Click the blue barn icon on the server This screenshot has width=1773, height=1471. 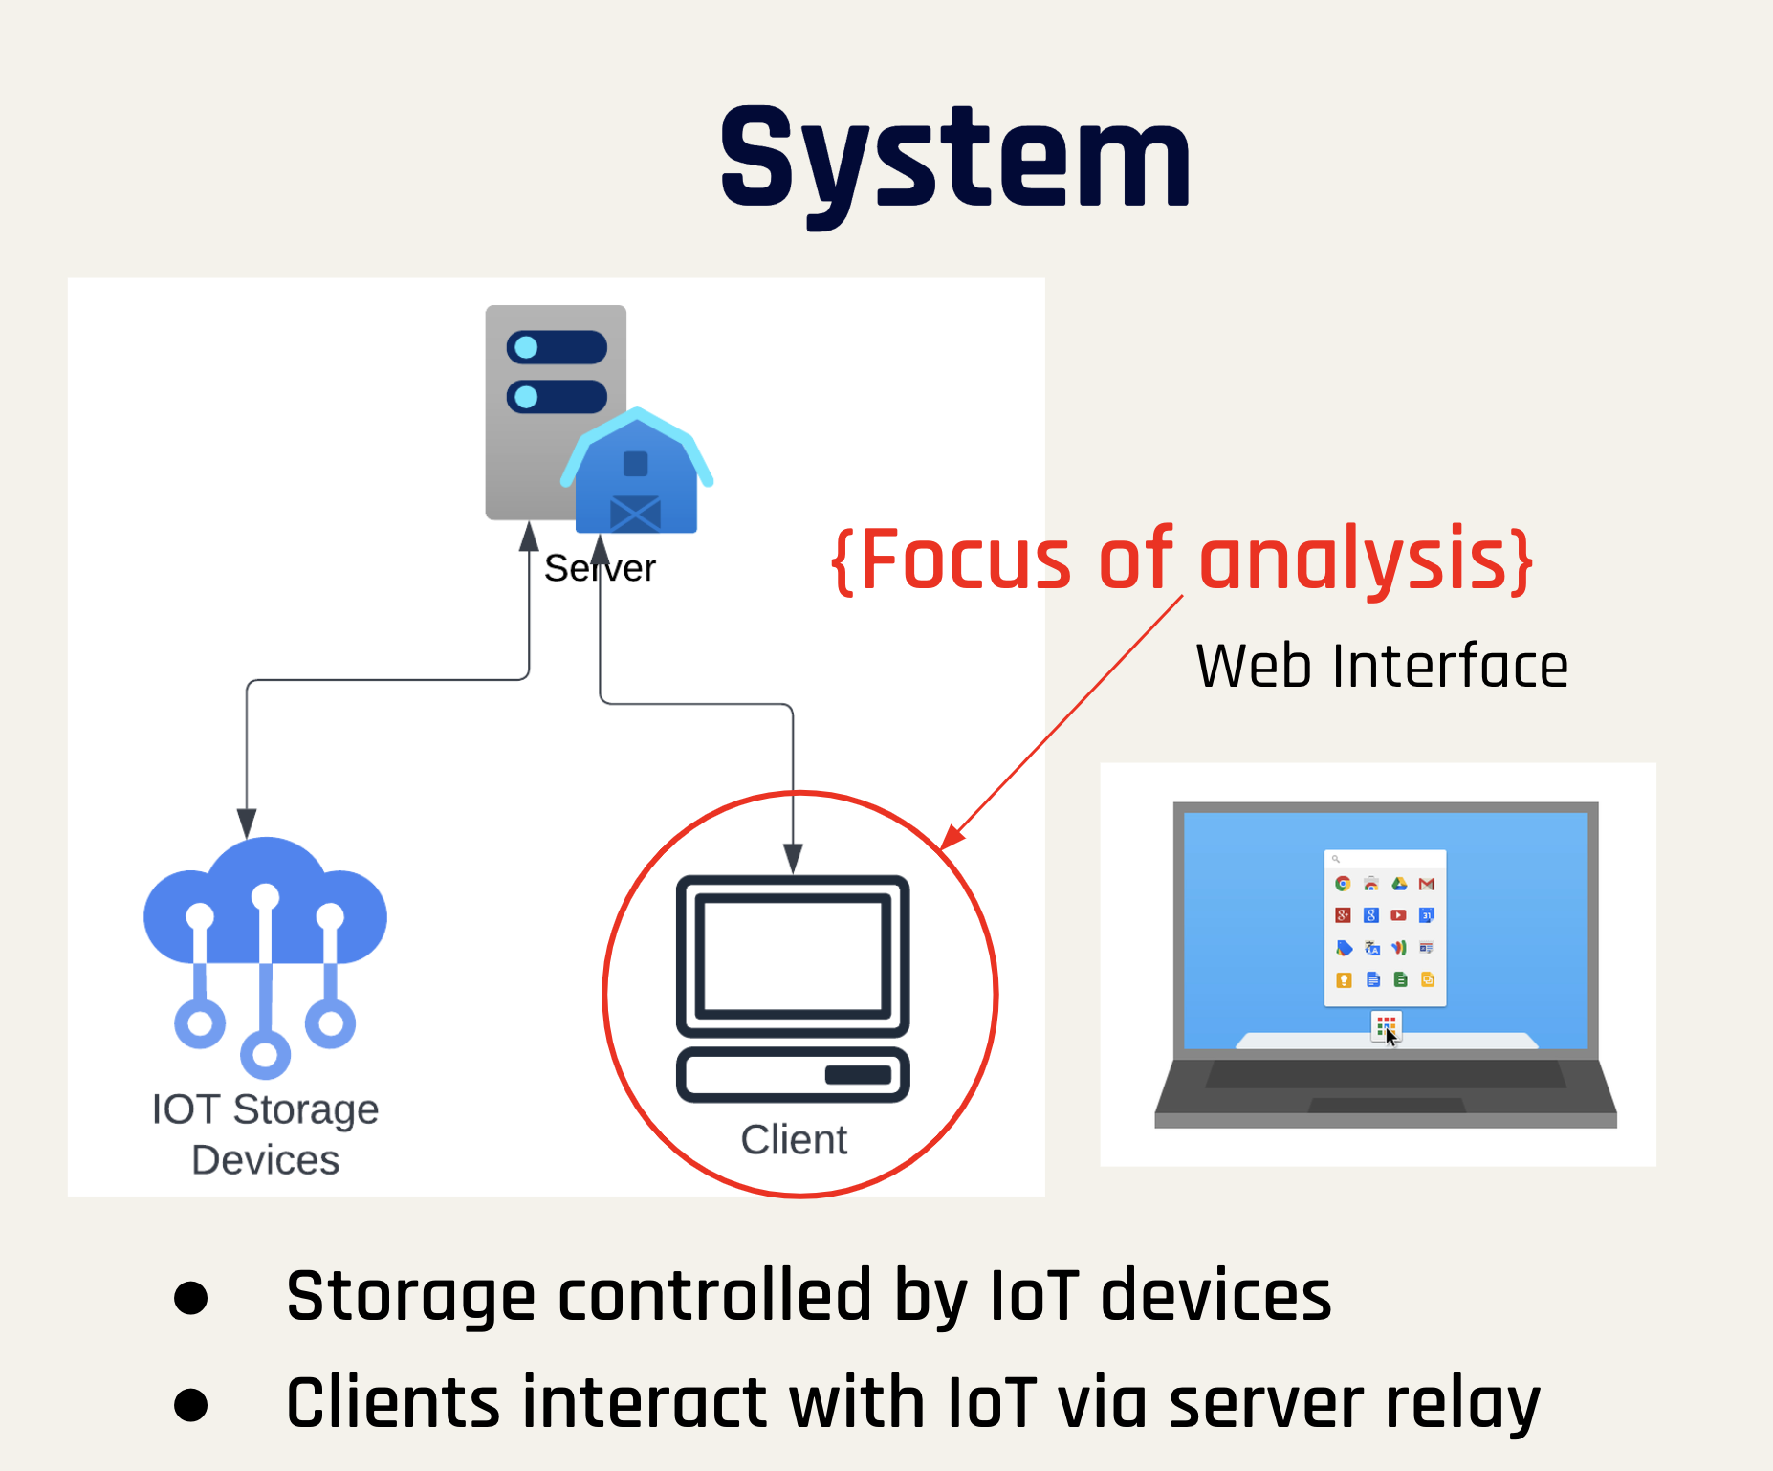tap(636, 472)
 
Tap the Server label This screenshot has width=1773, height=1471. tap(600, 569)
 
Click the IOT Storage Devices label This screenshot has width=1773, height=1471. tap(265, 1134)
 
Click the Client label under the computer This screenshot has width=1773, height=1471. tap(794, 1140)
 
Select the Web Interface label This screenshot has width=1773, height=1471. tap(1382, 666)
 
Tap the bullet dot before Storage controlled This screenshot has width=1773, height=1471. tap(191, 1298)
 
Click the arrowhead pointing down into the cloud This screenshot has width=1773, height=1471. tap(247, 823)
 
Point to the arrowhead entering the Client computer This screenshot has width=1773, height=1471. tap(793, 857)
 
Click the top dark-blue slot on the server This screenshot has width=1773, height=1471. tap(557, 347)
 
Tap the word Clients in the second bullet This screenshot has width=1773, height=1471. tap(393, 1404)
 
